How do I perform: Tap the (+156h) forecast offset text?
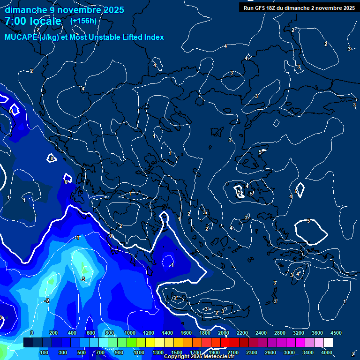83,21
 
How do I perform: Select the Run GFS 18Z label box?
299,7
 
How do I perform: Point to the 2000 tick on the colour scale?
224,333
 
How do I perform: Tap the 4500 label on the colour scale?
336,333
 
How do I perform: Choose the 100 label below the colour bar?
45,352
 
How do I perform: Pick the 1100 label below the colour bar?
139,352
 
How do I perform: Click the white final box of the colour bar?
328,343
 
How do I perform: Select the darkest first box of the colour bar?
28,343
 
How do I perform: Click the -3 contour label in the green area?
82,279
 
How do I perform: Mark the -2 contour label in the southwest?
47,300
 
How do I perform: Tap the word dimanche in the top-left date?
23,10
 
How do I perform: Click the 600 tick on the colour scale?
91,333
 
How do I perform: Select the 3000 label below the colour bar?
289,352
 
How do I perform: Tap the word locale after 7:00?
45,21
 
